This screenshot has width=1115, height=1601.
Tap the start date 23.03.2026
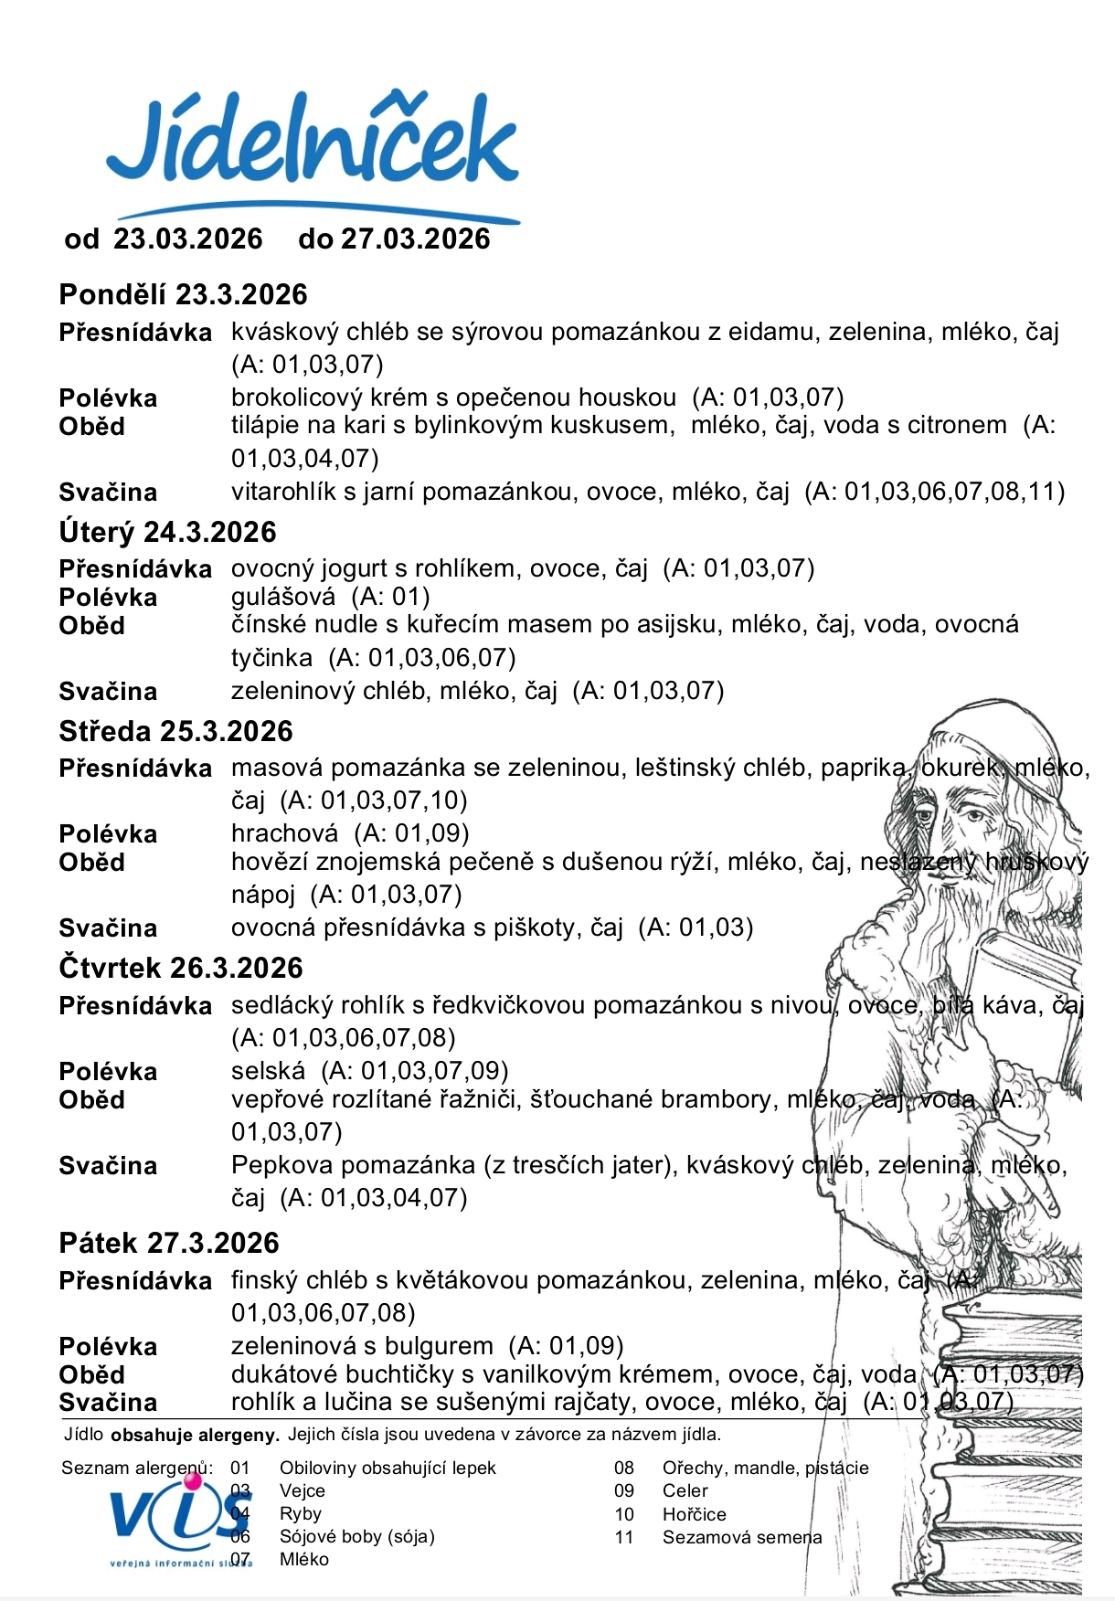tap(187, 239)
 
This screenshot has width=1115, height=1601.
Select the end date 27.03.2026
tap(415, 239)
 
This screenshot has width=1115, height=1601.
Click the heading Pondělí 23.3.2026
tap(183, 295)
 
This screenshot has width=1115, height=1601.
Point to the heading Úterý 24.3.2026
tap(167, 533)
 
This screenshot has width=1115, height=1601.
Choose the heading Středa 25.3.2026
tap(175, 732)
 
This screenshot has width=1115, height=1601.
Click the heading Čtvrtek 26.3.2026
tap(180, 969)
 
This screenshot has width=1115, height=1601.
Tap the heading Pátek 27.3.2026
tap(168, 1244)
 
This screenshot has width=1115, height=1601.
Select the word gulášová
tap(282, 598)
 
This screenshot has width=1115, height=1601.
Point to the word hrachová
tap(284, 833)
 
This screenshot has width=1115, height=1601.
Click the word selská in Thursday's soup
tap(268, 1071)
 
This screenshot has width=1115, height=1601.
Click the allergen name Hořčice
tap(694, 1514)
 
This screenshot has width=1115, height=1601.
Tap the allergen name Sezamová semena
tap(741, 1537)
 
